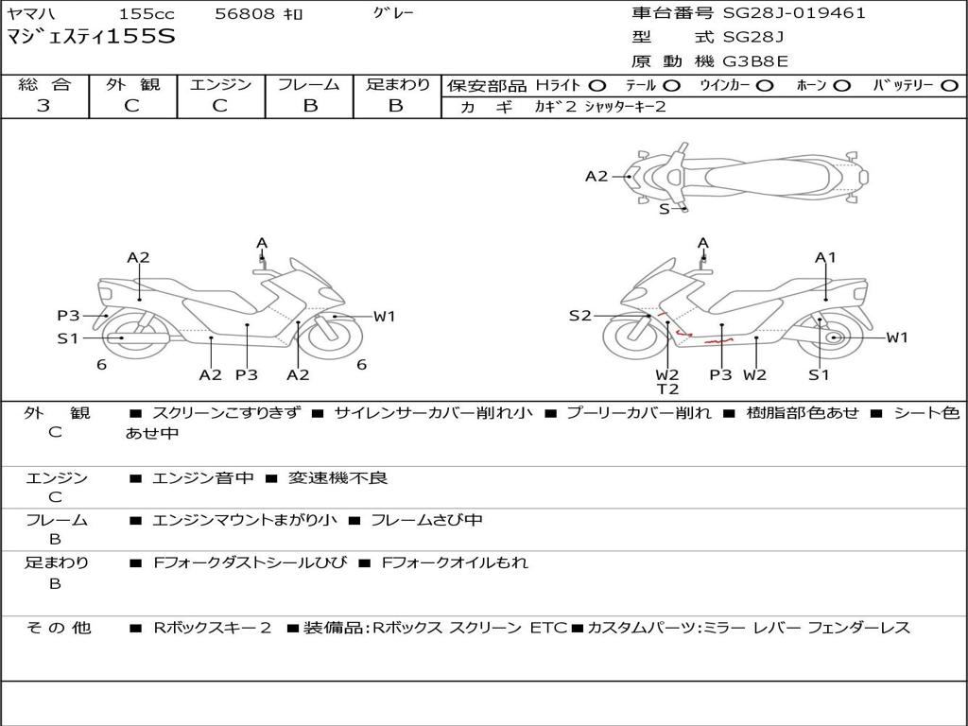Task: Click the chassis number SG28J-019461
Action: (x=794, y=13)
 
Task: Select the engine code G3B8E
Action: (x=755, y=61)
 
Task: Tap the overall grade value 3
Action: (x=43, y=106)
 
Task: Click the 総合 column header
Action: (x=44, y=84)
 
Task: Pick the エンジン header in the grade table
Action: (x=220, y=84)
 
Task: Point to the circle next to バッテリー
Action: (x=949, y=86)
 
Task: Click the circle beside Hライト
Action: (x=597, y=86)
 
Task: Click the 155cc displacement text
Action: (x=147, y=13)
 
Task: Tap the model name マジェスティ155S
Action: (x=91, y=36)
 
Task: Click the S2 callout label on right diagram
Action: (x=579, y=316)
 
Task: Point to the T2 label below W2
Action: (x=667, y=389)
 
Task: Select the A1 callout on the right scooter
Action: (x=825, y=257)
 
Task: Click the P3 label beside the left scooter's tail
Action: (x=68, y=316)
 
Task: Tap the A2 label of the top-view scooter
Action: (x=596, y=177)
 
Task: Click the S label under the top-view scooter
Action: (x=665, y=209)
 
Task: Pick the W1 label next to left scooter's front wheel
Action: (x=384, y=316)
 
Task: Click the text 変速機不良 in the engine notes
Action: (x=337, y=477)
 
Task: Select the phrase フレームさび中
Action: (x=426, y=520)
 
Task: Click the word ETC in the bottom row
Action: (x=548, y=628)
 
